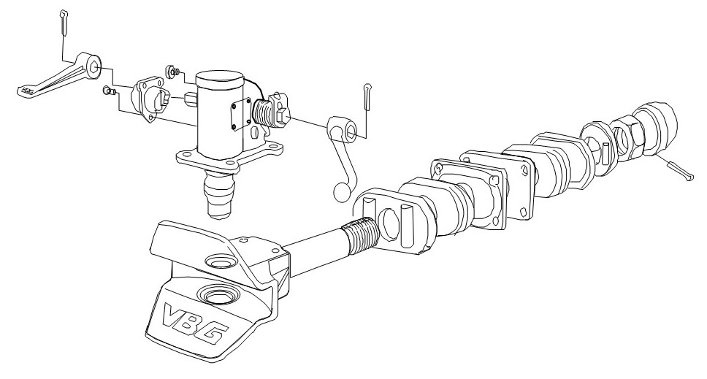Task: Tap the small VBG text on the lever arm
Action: coord(27,91)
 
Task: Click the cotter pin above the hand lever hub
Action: coord(367,96)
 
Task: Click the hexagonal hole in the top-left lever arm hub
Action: coord(94,68)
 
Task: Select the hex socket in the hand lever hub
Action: coord(349,131)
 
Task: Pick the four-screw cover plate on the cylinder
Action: coord(241,115)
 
